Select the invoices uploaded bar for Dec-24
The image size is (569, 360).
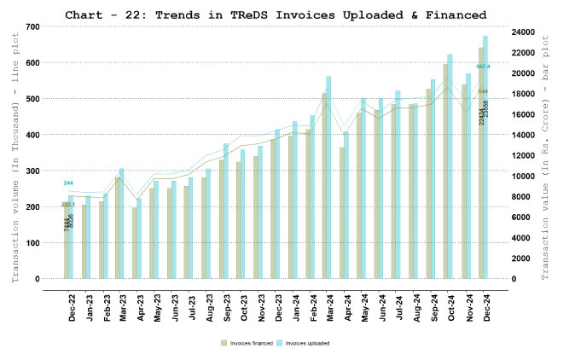(x=485, y=158)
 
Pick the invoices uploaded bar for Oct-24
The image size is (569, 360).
(x=450, y=166)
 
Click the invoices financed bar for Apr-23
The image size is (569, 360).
(x=135, y=243)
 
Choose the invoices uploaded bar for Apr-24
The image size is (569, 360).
(x=346, y=206)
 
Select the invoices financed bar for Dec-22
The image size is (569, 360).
(x=67, y=240)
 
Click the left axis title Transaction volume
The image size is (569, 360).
(x=15, y=153)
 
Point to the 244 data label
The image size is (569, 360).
(x=68, y=183)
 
